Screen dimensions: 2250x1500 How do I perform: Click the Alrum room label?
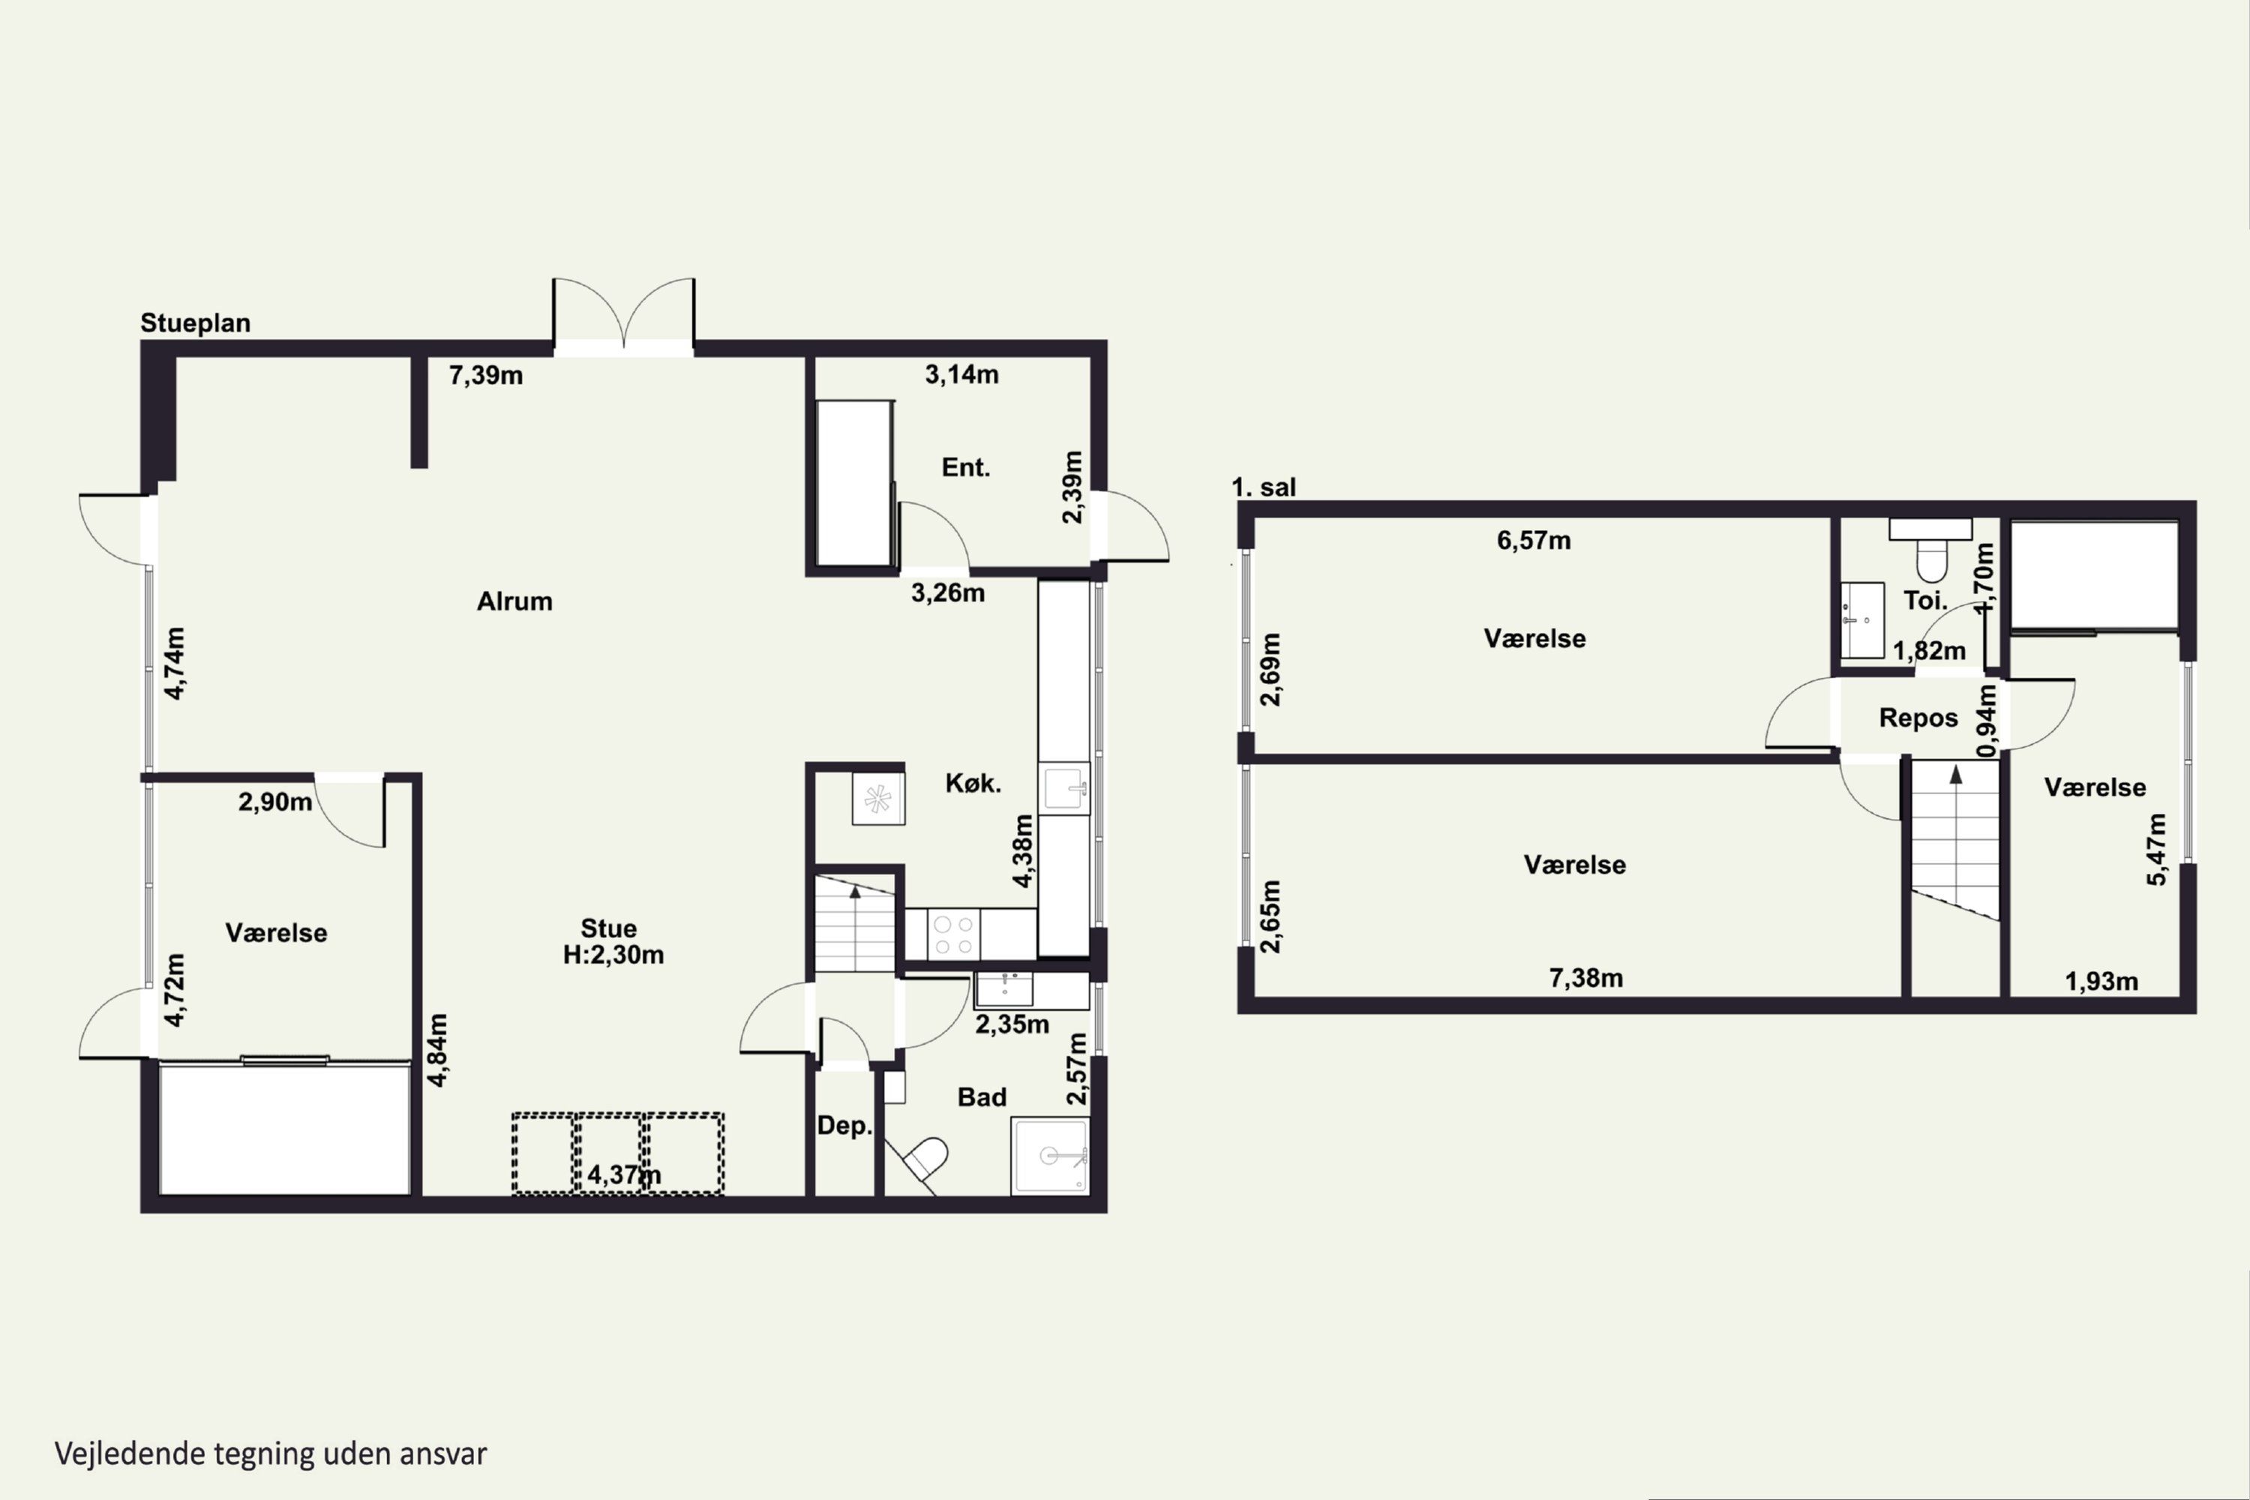click(x=514, y=601)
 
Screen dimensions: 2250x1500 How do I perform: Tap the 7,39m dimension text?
click(x=486, y=375)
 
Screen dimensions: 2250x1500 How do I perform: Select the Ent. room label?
click(x=965, y=468)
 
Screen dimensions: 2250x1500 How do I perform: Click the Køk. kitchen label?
click(x=973, y=784)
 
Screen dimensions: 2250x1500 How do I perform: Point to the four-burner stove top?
click(x=952, y=934)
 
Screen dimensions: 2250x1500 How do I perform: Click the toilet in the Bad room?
click(x=923, y=1159)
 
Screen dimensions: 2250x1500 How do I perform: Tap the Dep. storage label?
click(x=844, y=1126)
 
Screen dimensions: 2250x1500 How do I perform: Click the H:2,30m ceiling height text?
click(x=613, y=955)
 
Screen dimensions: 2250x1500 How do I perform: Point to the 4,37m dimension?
click(x=624, y=1174)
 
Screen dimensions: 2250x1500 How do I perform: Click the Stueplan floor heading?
click(x=195, y=323)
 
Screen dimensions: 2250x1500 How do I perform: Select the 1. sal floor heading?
click(x=1264, y=487)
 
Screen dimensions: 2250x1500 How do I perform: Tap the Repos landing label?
click(x=1918, y=718)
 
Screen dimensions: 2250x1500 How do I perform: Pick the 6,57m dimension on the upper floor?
click(x=1534, y=541)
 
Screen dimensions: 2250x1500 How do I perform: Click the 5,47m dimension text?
click(x=2156, y=850)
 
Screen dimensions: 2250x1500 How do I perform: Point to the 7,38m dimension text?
click(x=1586, y=978)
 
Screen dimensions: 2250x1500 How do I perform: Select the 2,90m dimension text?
click(x=275, y=802)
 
